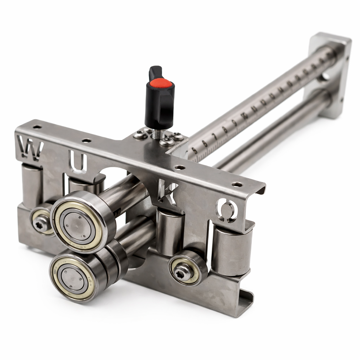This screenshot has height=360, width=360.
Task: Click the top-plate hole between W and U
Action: coord(86,141)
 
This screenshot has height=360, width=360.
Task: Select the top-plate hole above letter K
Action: coord(180,168)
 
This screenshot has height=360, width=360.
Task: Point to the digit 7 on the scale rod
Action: coord(215,136)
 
